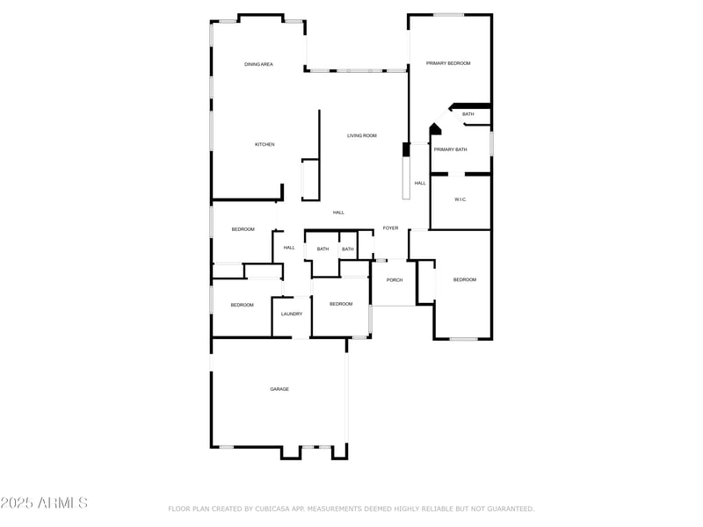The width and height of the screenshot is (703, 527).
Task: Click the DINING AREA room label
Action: [x=258, y=64]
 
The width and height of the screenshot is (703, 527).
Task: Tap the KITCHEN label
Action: [x=265, y=144]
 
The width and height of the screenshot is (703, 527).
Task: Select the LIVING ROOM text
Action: [x=361, y=135]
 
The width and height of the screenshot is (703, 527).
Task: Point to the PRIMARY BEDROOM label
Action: [x=448, y=63]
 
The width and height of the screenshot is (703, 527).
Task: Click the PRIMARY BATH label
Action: [x=449, y=149]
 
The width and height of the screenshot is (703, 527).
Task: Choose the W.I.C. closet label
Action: [x=460, y=199]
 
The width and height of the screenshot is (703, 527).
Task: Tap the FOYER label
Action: [x=390, y=228]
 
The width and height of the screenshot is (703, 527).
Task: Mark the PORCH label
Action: [x=395, y=280]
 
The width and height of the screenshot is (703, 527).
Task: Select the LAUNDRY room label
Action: [x=292, y=314]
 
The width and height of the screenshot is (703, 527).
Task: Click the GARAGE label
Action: [x=279, y=389]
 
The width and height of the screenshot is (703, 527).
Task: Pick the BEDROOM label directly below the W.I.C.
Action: [x=464, y=279]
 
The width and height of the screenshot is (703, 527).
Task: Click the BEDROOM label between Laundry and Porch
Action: [x=341, y=304]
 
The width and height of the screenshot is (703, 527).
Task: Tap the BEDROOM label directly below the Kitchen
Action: [x=243, y=229]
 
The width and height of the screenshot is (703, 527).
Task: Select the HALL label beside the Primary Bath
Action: [x=420, y=183]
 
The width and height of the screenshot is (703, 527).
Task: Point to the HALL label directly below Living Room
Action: [x=338, y=213]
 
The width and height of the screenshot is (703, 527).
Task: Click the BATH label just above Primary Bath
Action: [x=468, y=114]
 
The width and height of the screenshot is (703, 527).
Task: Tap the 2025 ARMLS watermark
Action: [x=44, y=503]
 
